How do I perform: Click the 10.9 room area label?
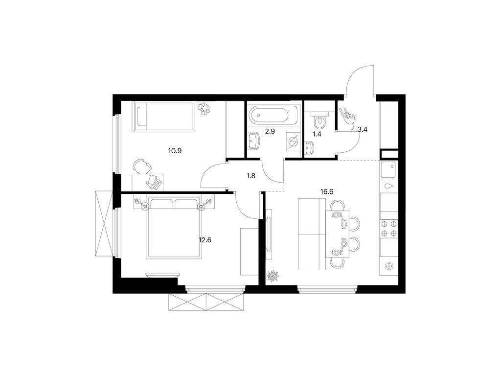click(175, 151)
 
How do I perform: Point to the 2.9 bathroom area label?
click(270, 132)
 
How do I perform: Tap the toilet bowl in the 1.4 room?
click(319, 119)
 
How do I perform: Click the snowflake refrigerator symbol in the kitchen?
click(389, 266)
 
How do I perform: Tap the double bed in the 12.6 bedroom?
click(173, 228)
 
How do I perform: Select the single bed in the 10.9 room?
click(163, 116)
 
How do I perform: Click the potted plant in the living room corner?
click(272, 276)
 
